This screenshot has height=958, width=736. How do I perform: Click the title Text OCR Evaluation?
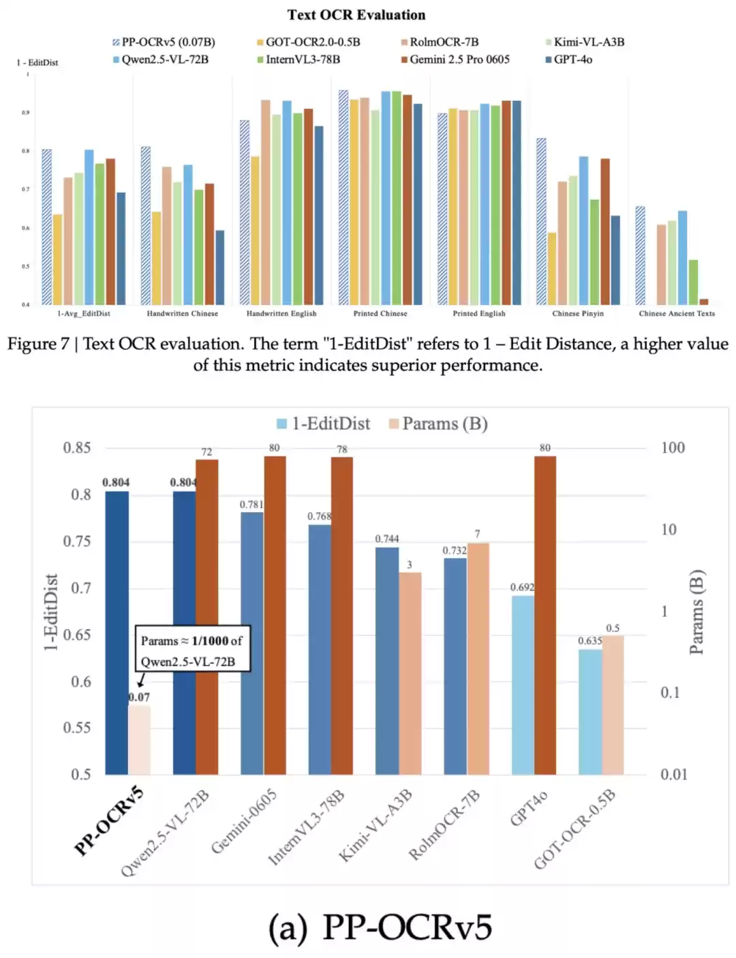point(356,15)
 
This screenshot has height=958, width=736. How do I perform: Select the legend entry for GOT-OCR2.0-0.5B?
point(312,42)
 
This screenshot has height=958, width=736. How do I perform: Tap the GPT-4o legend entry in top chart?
point(572,60)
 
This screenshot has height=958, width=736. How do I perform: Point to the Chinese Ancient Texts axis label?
point(677,314)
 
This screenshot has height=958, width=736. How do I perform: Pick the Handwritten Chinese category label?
point(183,314)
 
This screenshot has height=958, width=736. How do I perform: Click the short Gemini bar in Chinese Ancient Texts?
point(704,302)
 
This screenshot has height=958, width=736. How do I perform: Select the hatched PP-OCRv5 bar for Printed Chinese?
point(343,197)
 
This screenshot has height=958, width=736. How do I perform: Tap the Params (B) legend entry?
point(444,424)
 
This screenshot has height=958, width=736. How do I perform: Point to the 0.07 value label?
point(139,697)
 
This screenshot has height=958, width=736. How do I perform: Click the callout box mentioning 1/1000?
point(192,650)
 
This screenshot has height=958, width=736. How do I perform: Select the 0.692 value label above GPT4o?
point(522,588)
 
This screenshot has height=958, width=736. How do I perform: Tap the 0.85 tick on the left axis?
point(77,448)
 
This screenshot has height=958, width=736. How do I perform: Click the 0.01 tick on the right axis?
point(673,774)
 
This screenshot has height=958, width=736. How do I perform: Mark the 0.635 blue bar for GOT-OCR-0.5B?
point(590,712)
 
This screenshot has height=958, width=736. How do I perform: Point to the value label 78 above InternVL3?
point(342,449)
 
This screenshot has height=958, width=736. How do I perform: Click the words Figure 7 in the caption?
point(38,345)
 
